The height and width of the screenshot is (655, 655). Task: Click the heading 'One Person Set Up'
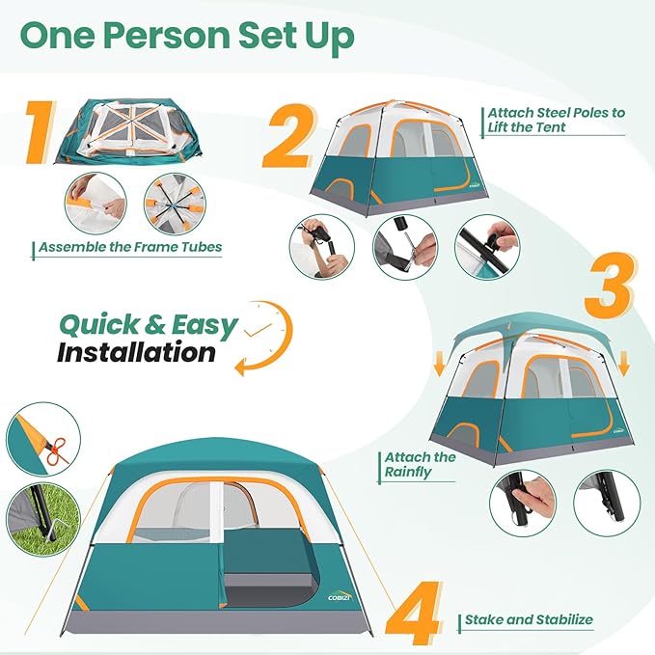[x=187, y=36]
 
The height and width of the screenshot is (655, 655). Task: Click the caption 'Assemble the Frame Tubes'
[x=130, y=247]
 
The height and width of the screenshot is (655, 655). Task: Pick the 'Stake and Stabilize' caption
[x=529, y=620]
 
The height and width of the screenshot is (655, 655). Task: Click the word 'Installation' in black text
[x=136, y=352]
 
